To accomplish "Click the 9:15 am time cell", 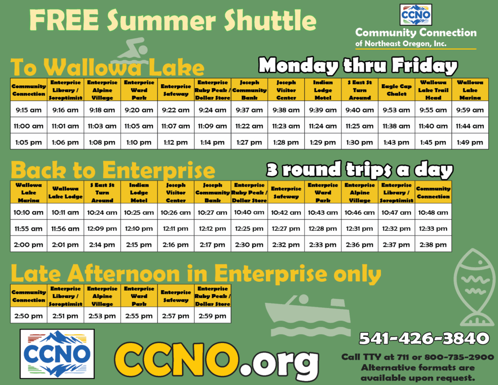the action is coord(29,110).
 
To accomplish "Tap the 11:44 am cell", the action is coord(470,126).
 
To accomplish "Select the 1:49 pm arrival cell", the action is coord(470,142).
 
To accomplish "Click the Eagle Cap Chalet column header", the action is coord(396,90).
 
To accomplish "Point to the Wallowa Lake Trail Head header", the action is coord(433,90).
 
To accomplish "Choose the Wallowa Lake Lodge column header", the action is coord(66,192).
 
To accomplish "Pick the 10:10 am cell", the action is coord(29,212).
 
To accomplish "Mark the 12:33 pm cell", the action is coord(433,228).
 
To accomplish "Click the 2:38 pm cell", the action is coord(433,244).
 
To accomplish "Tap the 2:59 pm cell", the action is coord(213,316).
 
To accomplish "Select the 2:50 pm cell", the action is coord(29,316).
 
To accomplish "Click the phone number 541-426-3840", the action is coord(424,338).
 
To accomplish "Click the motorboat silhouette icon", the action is coord(307,315).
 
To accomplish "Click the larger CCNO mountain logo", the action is coord(57,354).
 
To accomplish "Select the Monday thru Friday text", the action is coord(358,66).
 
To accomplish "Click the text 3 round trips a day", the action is coord(359,169).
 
